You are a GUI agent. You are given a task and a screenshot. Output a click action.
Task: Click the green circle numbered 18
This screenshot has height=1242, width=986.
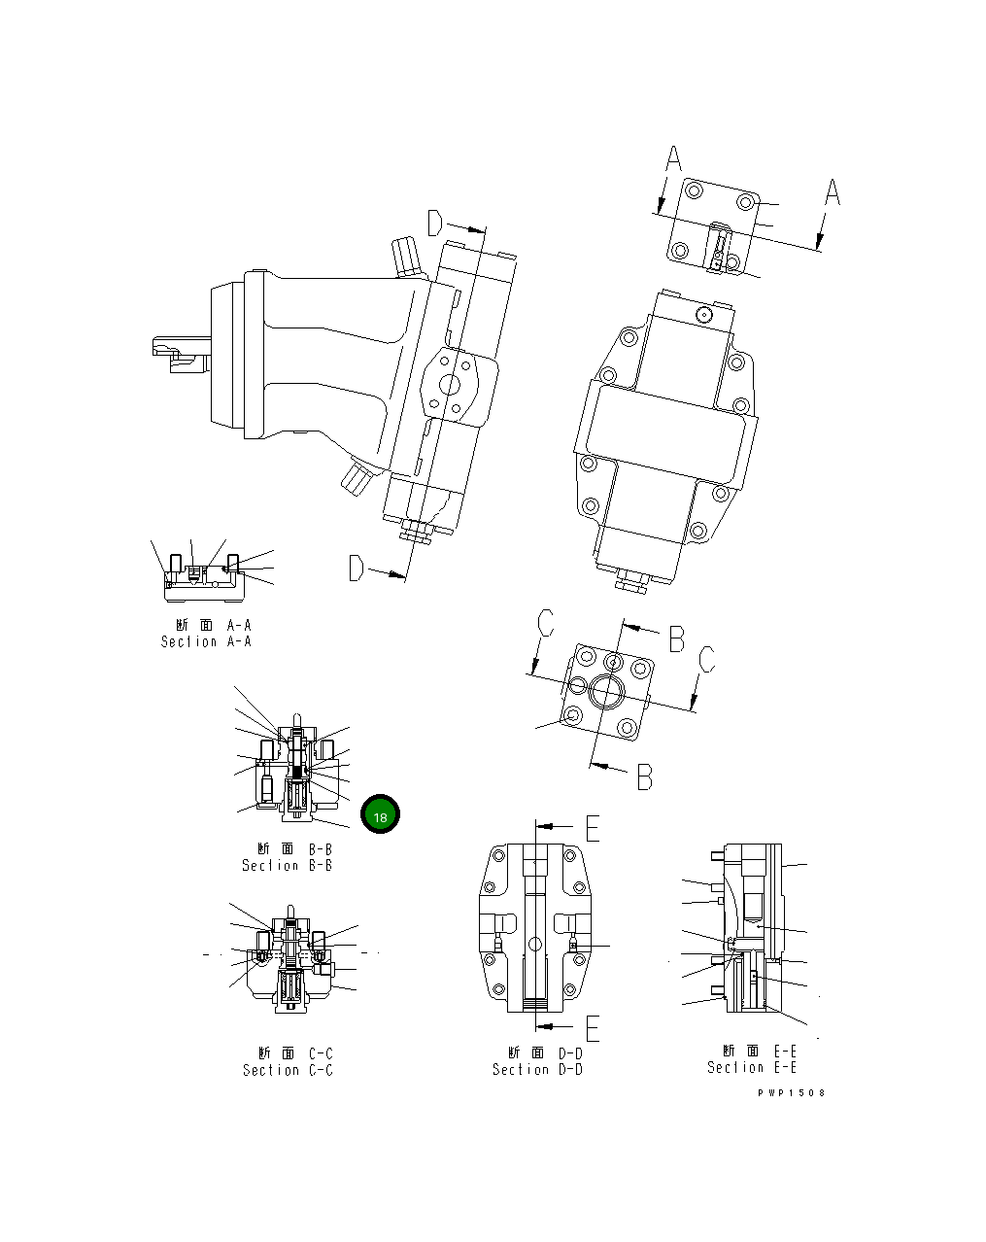tap(380, 816)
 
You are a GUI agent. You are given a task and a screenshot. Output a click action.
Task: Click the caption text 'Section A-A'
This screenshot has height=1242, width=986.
tap(206, 641)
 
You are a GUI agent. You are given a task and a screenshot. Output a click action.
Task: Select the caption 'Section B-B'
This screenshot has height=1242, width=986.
tap(287, 865)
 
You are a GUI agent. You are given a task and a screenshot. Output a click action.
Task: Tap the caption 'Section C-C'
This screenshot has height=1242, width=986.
tap(288, 1070)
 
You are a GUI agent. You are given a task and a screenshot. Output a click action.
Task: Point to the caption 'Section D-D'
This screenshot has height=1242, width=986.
tap(537, 1069)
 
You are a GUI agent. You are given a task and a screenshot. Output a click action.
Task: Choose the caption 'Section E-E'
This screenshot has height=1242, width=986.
tap(752, 1067)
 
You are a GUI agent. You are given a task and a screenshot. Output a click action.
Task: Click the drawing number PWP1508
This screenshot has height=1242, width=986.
tap(792, 1092)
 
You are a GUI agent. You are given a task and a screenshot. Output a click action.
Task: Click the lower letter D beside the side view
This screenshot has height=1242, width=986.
tap(357, 569)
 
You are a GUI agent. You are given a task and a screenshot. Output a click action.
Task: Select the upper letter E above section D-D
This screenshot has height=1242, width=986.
tap(592, 827)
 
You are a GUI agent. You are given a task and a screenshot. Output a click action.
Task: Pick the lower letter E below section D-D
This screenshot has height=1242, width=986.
tap(592, 1026)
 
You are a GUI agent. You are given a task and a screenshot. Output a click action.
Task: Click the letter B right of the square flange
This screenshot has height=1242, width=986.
tap(676, 638)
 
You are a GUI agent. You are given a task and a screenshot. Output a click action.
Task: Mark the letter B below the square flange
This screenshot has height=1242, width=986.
tap(644, 776)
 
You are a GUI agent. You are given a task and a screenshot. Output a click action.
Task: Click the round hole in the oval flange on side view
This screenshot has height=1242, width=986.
tap(451, 385)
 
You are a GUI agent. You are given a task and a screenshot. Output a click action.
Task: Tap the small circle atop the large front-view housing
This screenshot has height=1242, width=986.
tap(705, 314)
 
